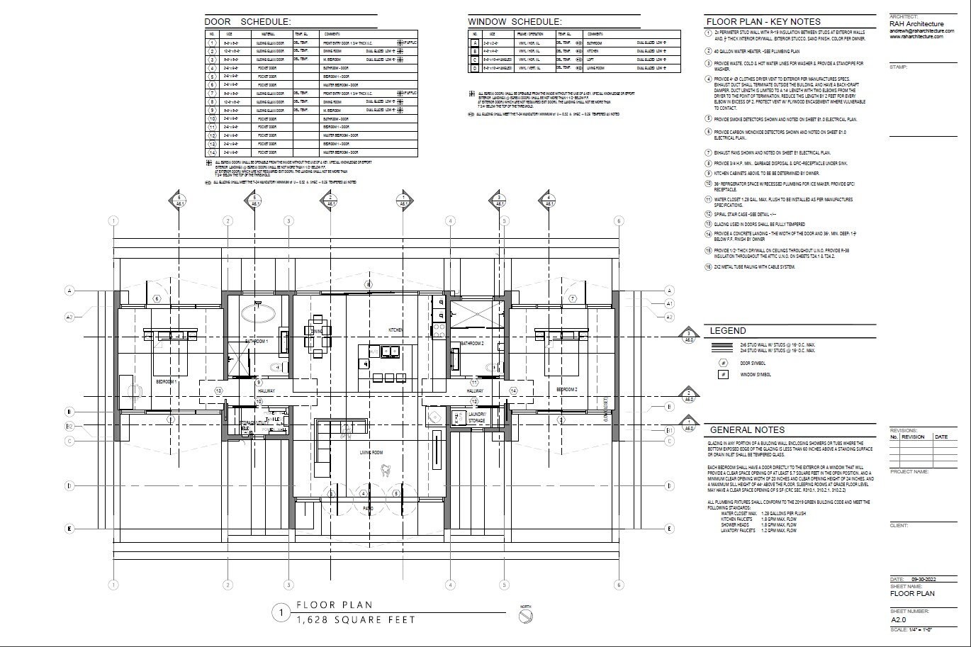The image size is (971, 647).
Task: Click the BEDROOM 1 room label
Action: point(166,382)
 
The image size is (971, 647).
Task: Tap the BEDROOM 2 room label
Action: point(566,390)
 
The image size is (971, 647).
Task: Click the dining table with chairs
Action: point(316,332)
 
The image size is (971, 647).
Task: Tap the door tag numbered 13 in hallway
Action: point(219,390)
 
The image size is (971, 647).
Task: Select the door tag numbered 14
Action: point(513,390)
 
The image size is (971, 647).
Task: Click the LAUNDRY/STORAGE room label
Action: point(476,418)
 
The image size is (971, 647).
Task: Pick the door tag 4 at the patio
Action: point(363,494)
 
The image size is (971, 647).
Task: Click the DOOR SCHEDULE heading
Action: point(247,22)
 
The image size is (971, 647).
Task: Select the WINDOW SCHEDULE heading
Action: point(515,22)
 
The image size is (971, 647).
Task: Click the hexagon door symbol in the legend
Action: point(723,363)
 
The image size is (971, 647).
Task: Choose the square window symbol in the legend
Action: point(723,374)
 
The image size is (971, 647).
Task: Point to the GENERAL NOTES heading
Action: point(747,429)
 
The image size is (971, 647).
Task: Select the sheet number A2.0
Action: point(899,619)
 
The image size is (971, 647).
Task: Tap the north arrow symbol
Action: point(525,617)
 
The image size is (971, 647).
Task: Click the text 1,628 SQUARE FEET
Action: point(357,619)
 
